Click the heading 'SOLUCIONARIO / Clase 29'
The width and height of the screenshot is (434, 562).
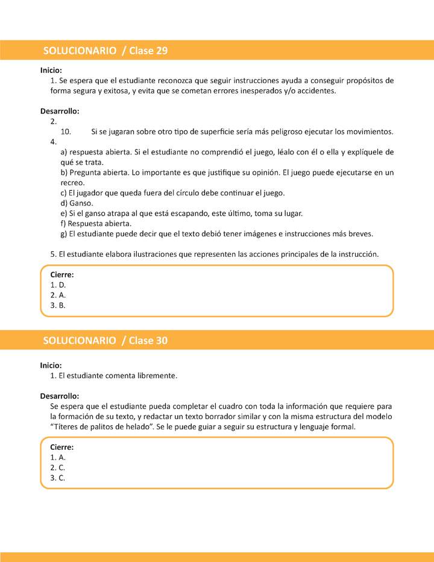pos(105,51)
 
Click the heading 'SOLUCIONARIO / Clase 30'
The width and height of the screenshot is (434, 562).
pos(105,341)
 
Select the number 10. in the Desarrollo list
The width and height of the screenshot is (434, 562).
pos(66,131)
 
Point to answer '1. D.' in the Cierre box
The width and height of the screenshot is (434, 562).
pos(58,285)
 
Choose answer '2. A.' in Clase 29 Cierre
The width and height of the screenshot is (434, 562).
pos(58,295)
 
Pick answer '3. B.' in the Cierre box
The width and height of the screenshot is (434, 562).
pos(58,305)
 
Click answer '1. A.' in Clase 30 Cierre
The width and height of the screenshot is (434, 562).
pos(58,458)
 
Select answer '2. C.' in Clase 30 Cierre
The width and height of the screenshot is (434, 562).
pos(58,468)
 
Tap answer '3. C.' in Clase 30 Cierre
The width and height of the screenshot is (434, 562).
pos(58,478)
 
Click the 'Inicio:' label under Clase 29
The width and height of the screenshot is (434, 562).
pos(51,70)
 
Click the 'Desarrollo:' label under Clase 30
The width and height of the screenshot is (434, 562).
pos(60,396)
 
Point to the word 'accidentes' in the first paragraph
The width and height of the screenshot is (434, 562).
pos(316,90)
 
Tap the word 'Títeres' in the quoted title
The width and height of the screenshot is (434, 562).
pos(67,427)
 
